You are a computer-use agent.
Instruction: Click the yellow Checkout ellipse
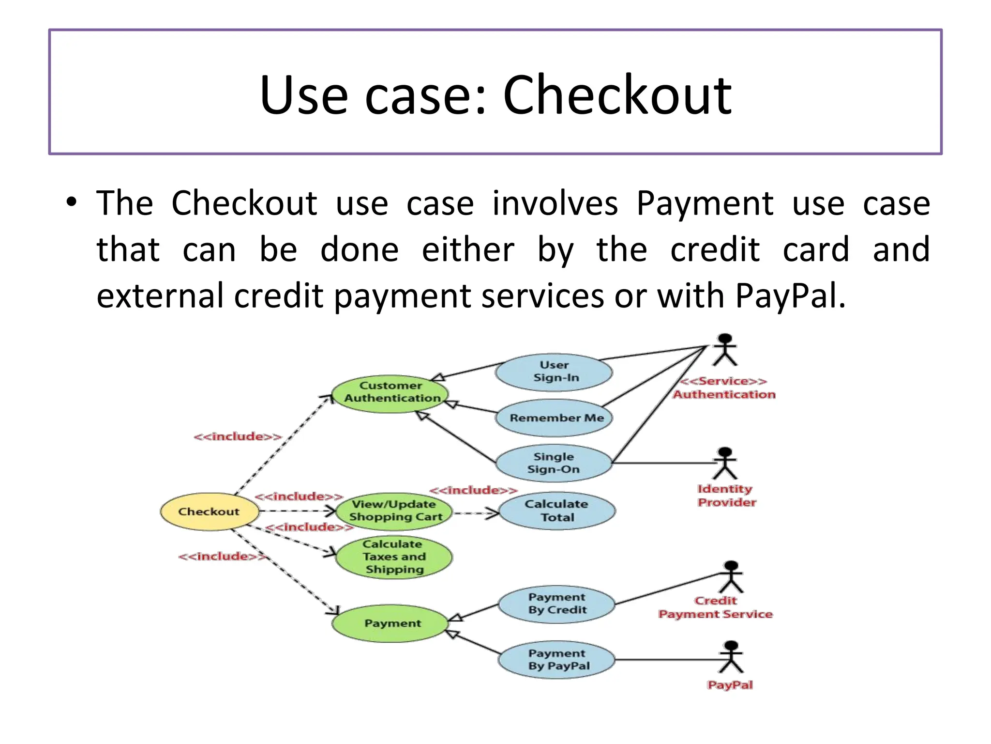coord(209,511)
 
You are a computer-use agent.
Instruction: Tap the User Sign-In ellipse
coord(555,372)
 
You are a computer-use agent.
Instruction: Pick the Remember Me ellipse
coord(555,418)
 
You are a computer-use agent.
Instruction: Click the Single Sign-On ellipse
coord(554,463)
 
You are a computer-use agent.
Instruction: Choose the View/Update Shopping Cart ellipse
coord(394,511)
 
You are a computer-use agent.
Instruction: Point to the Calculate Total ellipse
coord(556,511)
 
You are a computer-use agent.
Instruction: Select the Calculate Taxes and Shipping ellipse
coord(394,557)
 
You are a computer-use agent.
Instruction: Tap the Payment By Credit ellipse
coord(556,604)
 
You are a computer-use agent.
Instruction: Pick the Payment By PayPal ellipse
coord(556,660)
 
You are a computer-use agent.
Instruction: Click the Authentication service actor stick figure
coord(724,350)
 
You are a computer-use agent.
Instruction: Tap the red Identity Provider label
coord(725,496)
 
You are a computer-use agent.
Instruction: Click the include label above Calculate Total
coord(473,490)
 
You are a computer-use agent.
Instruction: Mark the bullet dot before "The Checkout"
coord(72,202)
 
